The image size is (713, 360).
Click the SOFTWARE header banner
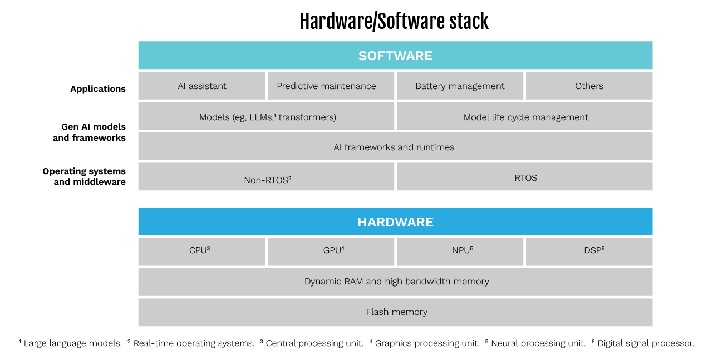pos(395,56)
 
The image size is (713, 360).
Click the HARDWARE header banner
pos(395,222)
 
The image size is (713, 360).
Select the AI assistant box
pos(201,86)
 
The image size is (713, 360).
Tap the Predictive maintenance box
pos(331,86)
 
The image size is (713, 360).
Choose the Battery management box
pos(460,86)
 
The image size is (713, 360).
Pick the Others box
pos(589,86)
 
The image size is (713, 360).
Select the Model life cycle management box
pos(525,116)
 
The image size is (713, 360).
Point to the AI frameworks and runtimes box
pos(395,147)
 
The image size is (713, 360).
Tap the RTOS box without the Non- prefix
pos(525,177)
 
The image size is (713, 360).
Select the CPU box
pos(201,251)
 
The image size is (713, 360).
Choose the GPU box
pos(331,251)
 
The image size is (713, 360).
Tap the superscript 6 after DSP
pos(603,248)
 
